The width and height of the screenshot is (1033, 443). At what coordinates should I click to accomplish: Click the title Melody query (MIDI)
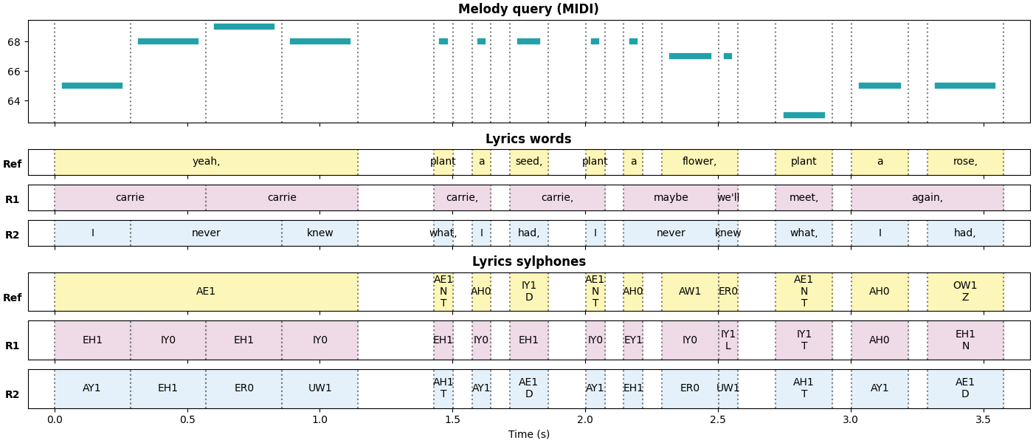point(528,9)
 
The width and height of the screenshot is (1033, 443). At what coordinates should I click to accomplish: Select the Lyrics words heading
point(528,139)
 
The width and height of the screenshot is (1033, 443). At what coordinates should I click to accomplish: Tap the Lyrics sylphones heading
point(528,261)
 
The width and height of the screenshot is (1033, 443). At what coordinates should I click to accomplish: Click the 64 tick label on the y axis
point(14,101)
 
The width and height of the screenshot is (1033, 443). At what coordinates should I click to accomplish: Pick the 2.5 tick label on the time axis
point(718,419)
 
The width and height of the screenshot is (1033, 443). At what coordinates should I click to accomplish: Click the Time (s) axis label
point(528,434)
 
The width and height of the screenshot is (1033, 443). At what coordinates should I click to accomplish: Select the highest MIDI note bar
point(244,27)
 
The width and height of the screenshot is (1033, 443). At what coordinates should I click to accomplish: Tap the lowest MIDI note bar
point(804,115)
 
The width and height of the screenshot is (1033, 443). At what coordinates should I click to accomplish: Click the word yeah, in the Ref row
point(206,162)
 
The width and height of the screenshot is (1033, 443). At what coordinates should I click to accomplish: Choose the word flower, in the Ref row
point(699,162)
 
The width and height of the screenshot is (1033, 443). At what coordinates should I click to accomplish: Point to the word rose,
point(965,162)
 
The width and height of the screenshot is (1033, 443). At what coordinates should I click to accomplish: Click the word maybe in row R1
point(671,198)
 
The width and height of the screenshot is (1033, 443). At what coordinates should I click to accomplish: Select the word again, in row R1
point(927,198)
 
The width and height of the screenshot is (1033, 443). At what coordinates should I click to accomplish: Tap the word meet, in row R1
point(804,198)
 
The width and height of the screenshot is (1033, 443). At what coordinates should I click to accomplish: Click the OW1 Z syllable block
point(965,292)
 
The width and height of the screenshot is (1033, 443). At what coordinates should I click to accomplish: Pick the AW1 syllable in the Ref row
point(690,292)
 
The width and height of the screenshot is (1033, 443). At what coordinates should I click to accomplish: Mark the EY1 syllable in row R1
point(633,340)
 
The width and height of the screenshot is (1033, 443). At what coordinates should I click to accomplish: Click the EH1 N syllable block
point(965,340)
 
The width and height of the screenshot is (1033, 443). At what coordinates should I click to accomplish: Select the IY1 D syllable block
point(529,292)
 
